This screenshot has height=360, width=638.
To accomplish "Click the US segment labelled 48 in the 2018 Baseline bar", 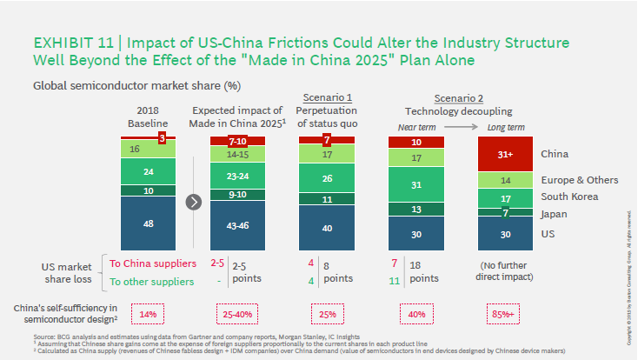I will (148, 222).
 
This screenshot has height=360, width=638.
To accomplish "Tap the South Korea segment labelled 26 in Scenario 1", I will (327, 178).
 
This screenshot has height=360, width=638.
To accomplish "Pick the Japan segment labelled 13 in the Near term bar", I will (417, 209).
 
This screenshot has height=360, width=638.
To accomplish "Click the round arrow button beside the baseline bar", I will (195, 202).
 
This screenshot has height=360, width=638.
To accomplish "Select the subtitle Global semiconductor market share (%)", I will (136, 85).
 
